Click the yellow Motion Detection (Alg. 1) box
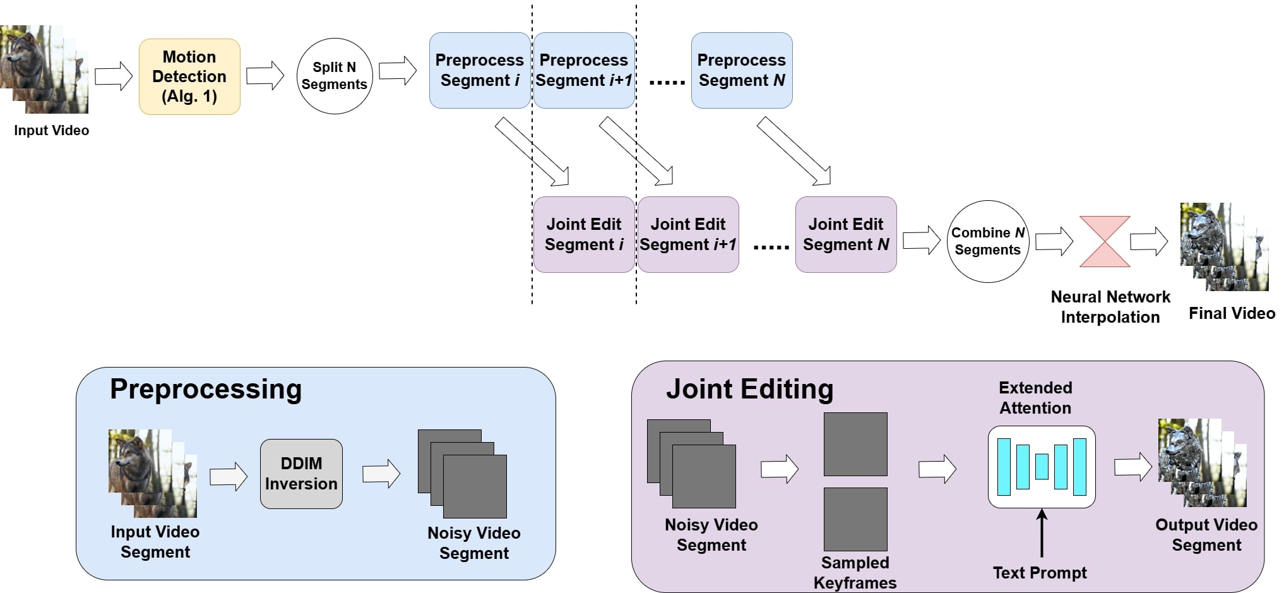point(189,76)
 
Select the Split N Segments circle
point(335,76)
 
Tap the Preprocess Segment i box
point(480,70)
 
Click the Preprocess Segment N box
point(742,70)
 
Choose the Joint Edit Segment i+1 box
point(688,234)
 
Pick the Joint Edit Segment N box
point(846,234)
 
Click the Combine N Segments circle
point(988,241)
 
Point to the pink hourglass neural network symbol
point(1105,241)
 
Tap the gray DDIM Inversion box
point(301,474)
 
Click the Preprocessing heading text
point(206,389)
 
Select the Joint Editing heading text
point(749,389)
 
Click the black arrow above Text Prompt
point(1042,534)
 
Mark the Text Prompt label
point(1040,573)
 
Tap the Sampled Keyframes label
point(855,573)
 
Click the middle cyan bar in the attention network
point(1042,467)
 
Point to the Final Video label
point(1232,313)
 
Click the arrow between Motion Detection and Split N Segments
point(265,76)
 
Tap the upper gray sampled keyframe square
point(855,444)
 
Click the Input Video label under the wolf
point(52,131)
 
